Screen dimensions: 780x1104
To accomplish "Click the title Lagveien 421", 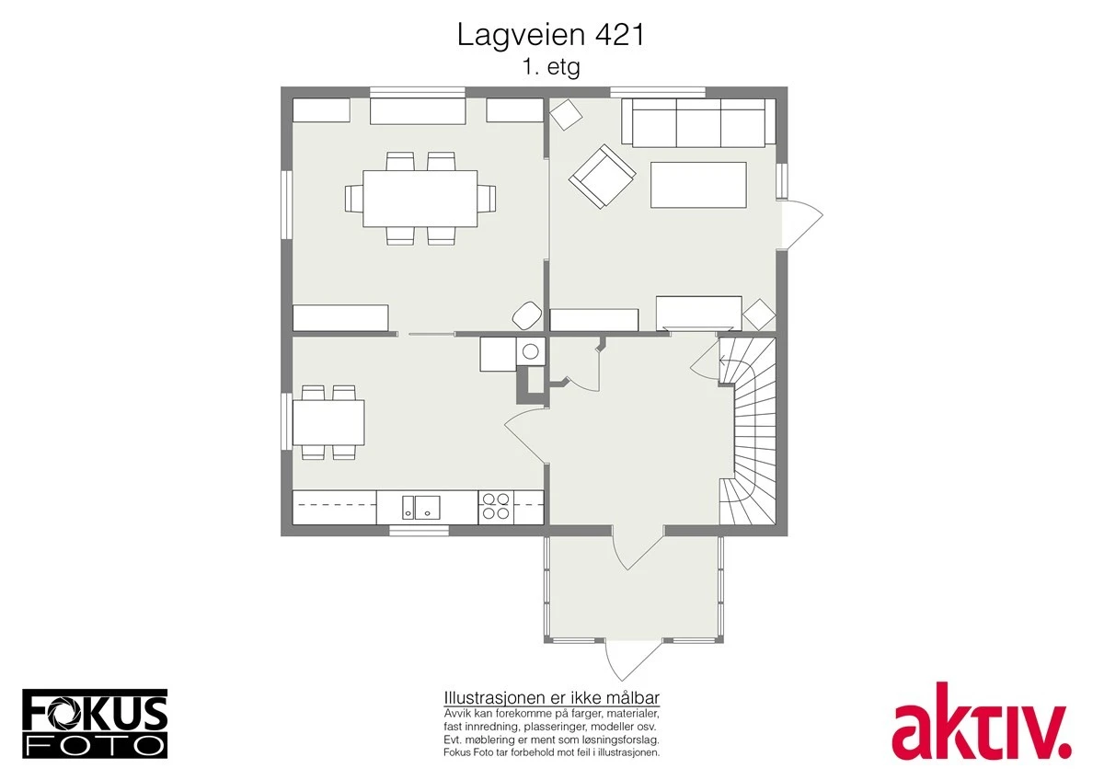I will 551,35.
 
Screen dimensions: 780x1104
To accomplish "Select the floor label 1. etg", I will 551,67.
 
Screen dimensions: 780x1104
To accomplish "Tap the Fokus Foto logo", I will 95,723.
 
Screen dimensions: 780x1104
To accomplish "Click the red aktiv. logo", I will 981,720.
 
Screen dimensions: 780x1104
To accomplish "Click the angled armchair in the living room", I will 602,176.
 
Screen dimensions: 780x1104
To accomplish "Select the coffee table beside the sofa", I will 698,185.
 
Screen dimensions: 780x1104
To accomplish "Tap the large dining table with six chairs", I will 420,198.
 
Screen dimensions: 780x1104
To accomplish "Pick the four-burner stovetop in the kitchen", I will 497,508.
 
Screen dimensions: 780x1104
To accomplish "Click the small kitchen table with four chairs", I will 328,422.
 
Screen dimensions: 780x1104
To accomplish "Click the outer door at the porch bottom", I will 633,660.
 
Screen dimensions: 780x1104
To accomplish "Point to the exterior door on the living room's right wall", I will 799,224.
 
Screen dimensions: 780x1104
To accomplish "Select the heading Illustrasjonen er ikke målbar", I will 551,696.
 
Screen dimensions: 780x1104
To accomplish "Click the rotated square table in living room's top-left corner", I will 566,115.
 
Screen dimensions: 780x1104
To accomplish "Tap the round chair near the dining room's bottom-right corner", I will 526,315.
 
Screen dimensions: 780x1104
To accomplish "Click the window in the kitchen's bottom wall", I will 419,530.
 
